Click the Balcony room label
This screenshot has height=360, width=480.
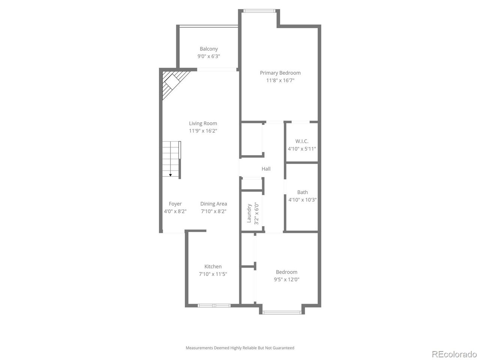pos(208,49)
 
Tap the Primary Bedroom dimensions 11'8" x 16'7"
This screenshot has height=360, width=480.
pos(280,80)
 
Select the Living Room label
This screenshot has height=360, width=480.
pos(203,123)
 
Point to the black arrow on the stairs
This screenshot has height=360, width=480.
pos(171,175)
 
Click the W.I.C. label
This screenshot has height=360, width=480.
pos(302,141)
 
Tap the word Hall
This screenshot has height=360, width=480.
pos(266,169)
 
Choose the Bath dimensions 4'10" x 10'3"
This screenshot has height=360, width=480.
pos(302,200)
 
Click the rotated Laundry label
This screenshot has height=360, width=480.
pos(249,213)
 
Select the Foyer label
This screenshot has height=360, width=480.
pos(175,204)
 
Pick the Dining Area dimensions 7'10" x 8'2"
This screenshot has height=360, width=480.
pos(213,211)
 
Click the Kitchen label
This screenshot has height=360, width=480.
pos(213,267)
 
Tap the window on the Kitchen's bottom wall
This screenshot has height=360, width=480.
pos(214,306)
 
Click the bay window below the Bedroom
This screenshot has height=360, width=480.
pos(282,312)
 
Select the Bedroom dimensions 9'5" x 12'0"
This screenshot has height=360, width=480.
pos(286,279)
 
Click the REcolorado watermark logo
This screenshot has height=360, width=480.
pos(454,354)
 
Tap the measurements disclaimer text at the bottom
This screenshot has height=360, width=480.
pos(240,348)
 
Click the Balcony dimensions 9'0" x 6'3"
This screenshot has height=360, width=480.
pos(208,56)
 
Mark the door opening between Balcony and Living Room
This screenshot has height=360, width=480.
pos(217,69)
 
